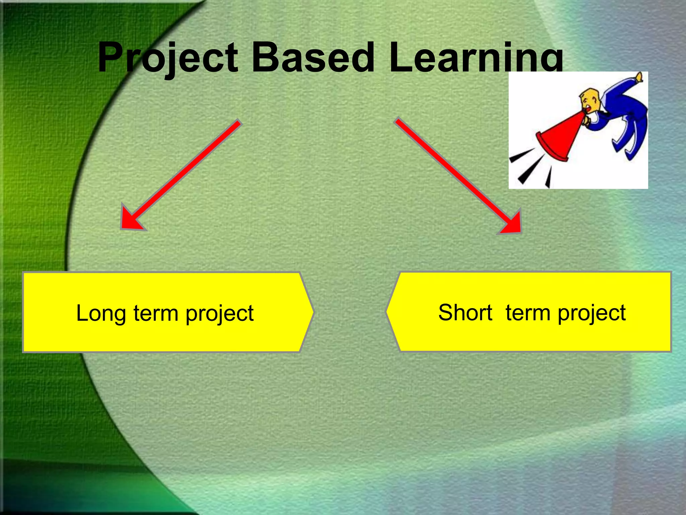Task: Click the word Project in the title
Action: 167,58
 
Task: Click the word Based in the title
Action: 313,58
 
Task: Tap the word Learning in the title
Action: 476,58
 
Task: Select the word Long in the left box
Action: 101,314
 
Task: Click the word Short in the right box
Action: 465,312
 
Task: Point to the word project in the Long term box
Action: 219,314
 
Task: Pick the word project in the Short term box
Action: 592,313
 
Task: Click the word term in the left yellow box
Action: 156,314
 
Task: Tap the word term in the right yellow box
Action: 528,313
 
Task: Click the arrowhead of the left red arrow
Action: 129,221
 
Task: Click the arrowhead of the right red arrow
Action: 512,225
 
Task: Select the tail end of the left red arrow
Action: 238,122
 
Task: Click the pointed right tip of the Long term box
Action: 313,312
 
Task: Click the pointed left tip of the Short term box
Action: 388,311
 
